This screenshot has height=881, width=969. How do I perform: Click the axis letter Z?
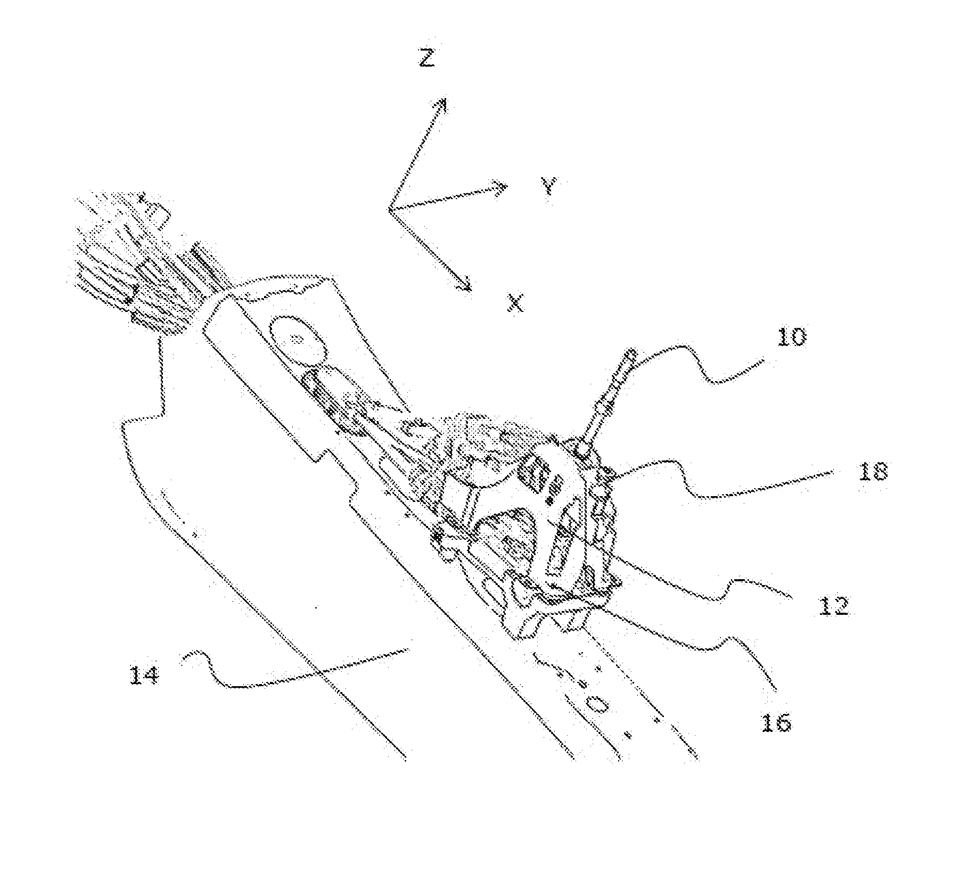click(426, 57)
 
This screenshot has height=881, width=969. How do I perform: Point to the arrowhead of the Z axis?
click(440, 105)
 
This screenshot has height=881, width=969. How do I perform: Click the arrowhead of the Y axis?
click(500, 187)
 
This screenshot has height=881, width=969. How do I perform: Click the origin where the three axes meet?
click(390, 210)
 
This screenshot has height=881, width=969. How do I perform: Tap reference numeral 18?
click(873, 471)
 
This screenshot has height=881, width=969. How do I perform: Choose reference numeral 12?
click(833, 606)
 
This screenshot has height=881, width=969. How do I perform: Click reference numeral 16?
click(776, 722)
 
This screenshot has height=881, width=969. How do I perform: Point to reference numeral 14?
click(144, 676)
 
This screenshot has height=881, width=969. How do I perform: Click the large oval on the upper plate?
click(298, 341)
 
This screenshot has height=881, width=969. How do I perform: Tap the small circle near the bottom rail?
click(597, 704)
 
